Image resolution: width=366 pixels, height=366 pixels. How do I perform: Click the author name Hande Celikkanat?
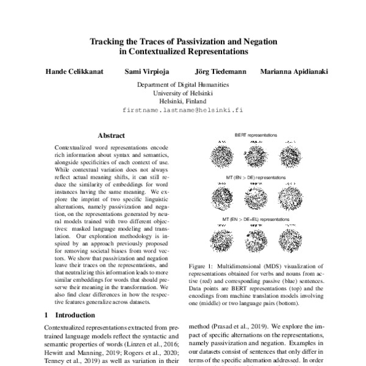click(75, 72)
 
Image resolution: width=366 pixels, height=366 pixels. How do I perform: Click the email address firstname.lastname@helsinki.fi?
click(183, 111)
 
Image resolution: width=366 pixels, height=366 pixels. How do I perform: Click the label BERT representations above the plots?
click(256, 134)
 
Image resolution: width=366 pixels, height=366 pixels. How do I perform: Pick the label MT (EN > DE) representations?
click(256, 176)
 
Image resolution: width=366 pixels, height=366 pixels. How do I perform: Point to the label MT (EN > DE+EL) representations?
click(256, 218)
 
